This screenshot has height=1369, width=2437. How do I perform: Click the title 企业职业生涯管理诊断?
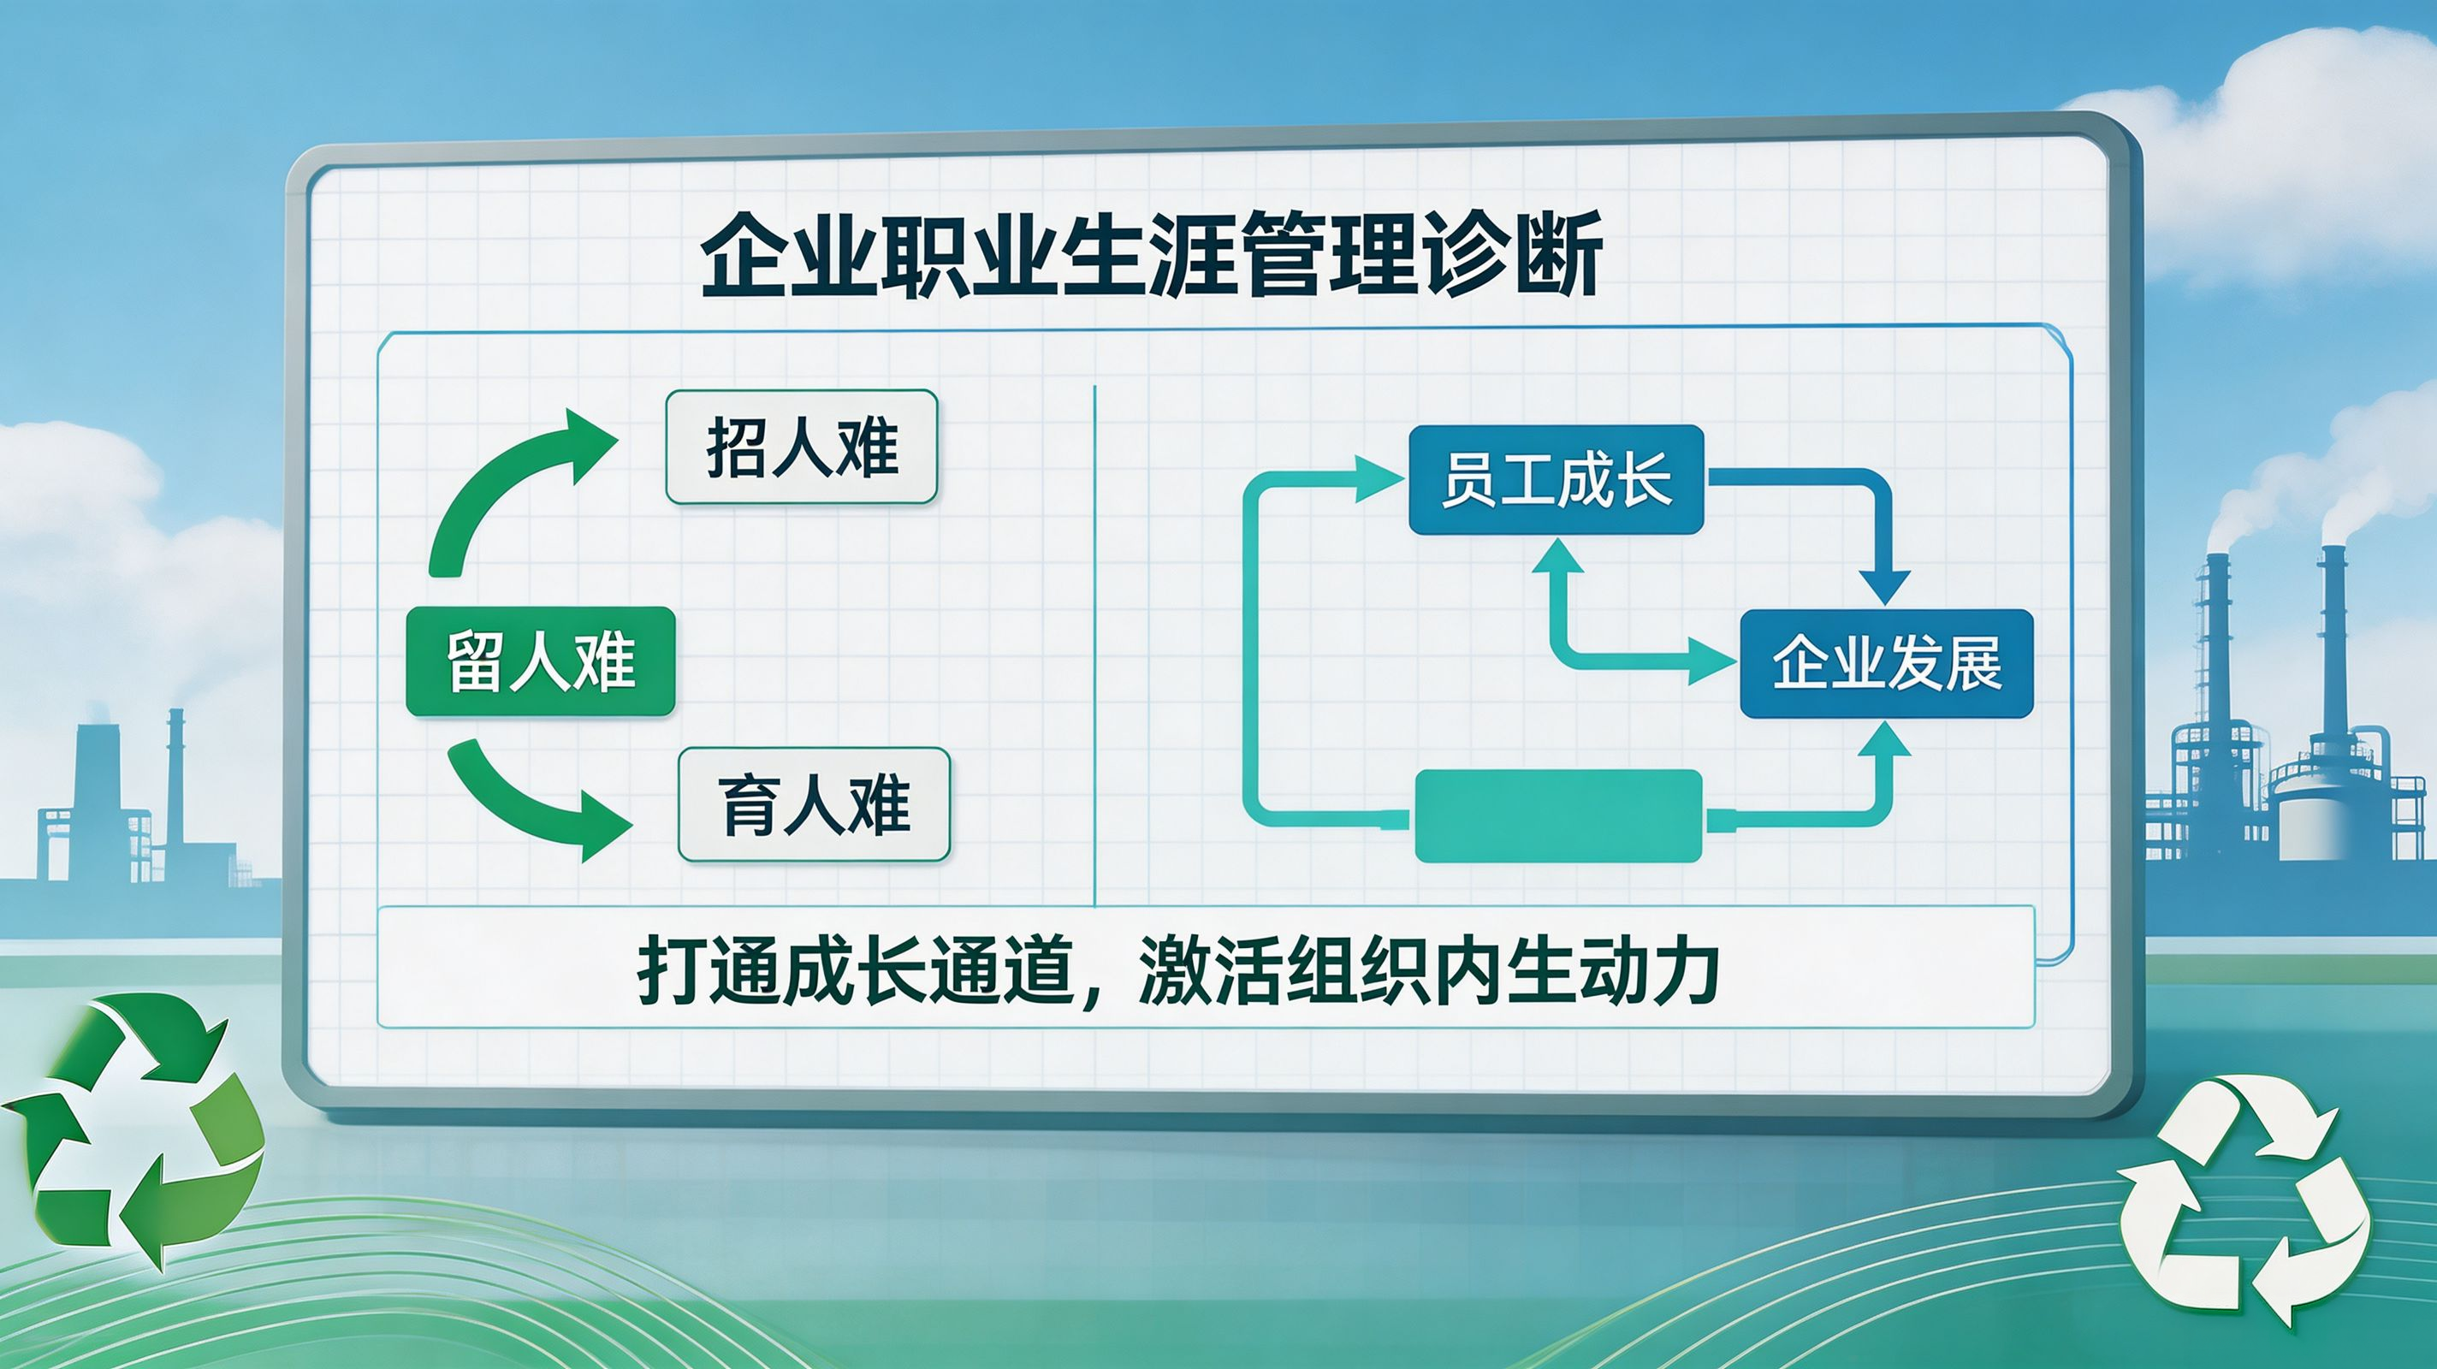click(1152, 254)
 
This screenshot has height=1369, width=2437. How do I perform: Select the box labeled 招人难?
click(801, 447)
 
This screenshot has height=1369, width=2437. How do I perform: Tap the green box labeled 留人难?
click(540, 661)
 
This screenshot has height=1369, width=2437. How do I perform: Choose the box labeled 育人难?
click(814, 804)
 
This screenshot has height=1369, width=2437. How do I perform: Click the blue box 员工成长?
click(1556, 480)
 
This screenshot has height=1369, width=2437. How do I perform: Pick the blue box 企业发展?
click(1887, 663)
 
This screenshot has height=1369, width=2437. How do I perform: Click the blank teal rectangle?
click(1558, 815)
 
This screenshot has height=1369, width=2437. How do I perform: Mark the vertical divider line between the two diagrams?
click(1094, 645)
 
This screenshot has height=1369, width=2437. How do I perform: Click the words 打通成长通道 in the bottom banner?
click(857, 969)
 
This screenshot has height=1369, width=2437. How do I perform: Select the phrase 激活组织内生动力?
click(1428, 969)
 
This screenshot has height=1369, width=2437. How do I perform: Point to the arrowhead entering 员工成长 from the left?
click(1379, 479)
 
